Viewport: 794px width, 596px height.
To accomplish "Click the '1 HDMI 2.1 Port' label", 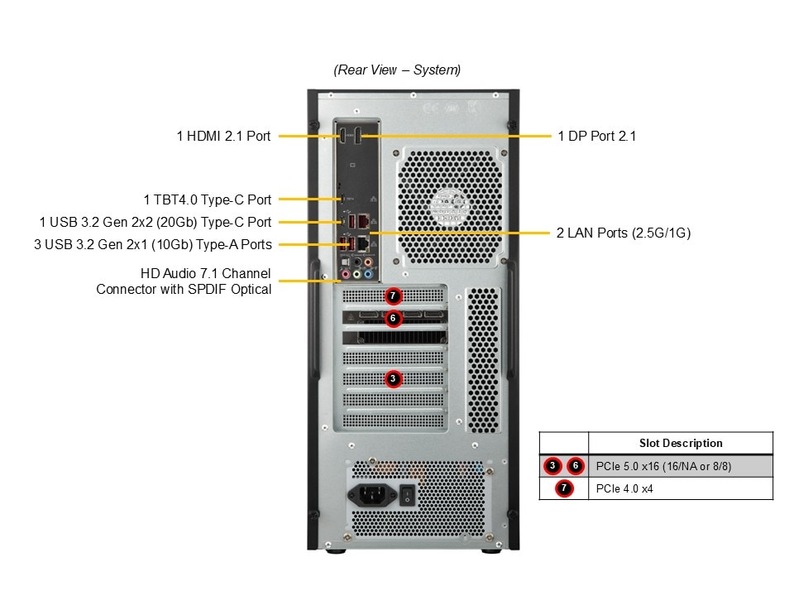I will pyautogui.click(x=223, y=136).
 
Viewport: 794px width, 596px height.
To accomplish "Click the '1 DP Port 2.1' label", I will pyautogui.click(x=597, y=136).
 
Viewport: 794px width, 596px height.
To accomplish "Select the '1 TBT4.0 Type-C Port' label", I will pyautogui.click(x=207, y=199).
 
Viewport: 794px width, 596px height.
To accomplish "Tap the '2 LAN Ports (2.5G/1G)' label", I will pyautogui.click(x=624, y=233).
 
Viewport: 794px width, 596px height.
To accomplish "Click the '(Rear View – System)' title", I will pyautogui.click(x=397, y=70).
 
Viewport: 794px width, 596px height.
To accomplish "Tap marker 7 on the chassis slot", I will pyautogui.click(x=394, y=296).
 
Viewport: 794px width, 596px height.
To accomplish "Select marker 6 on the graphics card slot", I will pyautogui.click(x=394, y=318).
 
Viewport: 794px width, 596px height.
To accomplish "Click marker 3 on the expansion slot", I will pyautogui.click(x=394, y=378).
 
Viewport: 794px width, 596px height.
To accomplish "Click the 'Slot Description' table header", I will pyautogui.click(x=681, y=443).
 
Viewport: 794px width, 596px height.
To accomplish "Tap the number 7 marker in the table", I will pyautogui.click(x=564, y=488).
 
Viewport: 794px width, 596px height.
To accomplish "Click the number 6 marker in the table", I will pyautogui.click(x=576, y=466).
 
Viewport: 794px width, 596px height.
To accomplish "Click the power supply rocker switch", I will pyautogui.click(x=407, y=495).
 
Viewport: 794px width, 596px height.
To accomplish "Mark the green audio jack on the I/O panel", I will pyautogui.click(x=357, y=272).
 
